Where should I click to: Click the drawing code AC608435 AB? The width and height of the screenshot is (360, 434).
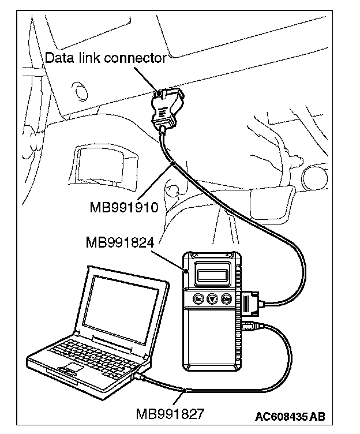coord(290,415)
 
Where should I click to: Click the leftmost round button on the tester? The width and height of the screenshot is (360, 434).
coord(198,298)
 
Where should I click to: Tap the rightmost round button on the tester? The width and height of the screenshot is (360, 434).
coord(227,298)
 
